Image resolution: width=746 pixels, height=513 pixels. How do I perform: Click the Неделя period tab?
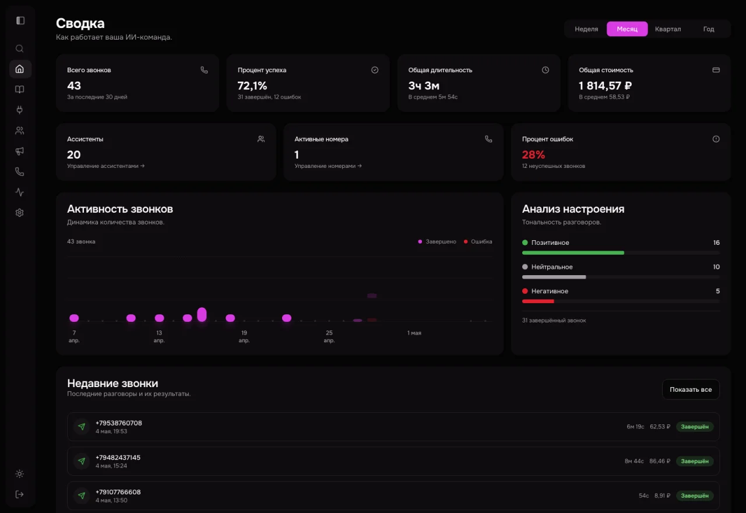[586, 29]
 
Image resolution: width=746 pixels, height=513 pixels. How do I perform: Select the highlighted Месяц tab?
[627, 29]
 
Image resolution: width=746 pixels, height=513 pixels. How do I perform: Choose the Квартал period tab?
[668, 29]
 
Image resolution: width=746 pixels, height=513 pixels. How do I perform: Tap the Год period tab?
[709, 29]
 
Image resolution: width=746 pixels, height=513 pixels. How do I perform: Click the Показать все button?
[691, 389]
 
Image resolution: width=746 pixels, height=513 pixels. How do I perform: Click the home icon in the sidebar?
[20, 69]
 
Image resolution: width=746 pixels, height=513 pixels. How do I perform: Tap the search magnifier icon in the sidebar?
[20, 48]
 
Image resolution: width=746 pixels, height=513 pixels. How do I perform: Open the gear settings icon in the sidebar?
[20, 213]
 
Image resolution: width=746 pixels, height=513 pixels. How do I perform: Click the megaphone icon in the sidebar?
[20, 151]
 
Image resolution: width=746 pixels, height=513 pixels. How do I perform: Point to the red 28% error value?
[533, 154]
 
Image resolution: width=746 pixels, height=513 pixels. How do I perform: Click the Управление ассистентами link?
[105, 166]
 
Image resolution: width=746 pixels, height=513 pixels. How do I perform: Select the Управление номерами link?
[328, 166]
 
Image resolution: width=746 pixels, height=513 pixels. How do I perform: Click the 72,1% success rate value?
[252, 86]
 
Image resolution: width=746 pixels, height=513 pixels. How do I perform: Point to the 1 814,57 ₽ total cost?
[605, 86]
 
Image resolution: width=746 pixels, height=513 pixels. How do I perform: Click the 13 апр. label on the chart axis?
[159, 336]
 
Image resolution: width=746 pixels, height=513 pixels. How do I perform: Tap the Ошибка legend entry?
[478, 241]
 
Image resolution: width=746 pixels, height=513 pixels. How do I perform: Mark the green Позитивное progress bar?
[573, 253]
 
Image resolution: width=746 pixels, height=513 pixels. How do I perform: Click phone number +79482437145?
[118, 458]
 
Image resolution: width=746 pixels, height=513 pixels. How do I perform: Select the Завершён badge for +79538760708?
[694, 427]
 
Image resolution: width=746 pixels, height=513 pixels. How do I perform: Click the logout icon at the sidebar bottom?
[20, 494]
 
